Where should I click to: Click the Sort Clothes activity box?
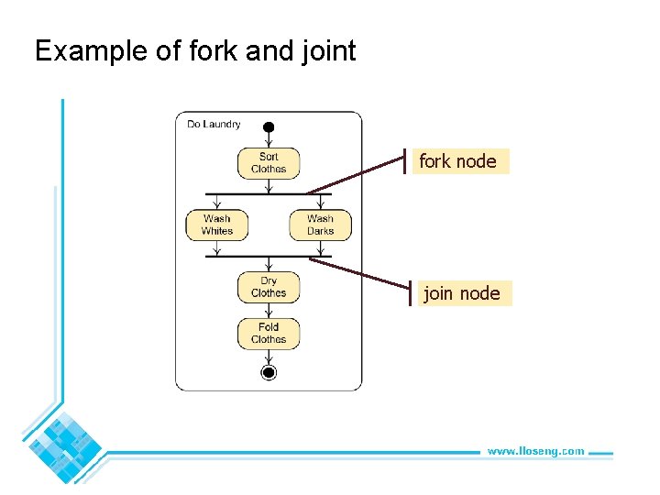[269, 163]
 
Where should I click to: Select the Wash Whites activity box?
[216, 225]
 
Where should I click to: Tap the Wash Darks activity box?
[320, 225]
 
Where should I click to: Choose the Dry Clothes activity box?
[269, 287]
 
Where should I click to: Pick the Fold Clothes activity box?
[269, 333]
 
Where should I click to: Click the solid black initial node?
[269, 126]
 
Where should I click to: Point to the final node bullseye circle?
[269, 371]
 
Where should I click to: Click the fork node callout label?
[458, 161]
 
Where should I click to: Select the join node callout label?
[462, 293]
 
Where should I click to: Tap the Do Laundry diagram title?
[214, 124]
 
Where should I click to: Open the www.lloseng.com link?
[535, 451]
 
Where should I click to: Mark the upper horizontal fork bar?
[269, 194]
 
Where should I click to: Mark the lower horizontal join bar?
[269, 257]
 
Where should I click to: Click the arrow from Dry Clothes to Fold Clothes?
[269, 310]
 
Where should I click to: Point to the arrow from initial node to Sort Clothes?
[269, 140]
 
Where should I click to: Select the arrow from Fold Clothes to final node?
[269, 356]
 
